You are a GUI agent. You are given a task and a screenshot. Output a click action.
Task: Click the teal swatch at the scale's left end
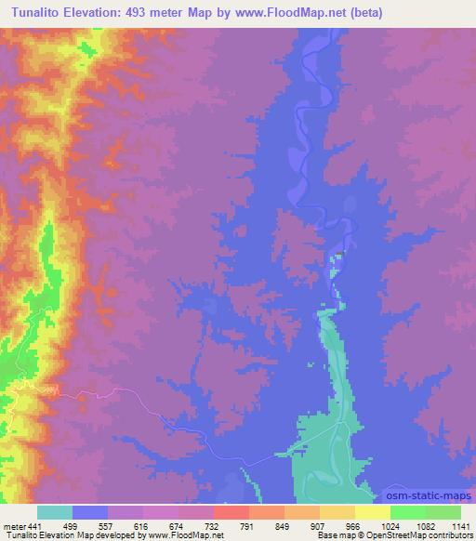click(55, 512)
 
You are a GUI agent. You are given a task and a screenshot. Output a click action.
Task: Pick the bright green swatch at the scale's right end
click(443, 512)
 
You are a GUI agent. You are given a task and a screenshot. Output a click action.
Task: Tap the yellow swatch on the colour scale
click(373, 512)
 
